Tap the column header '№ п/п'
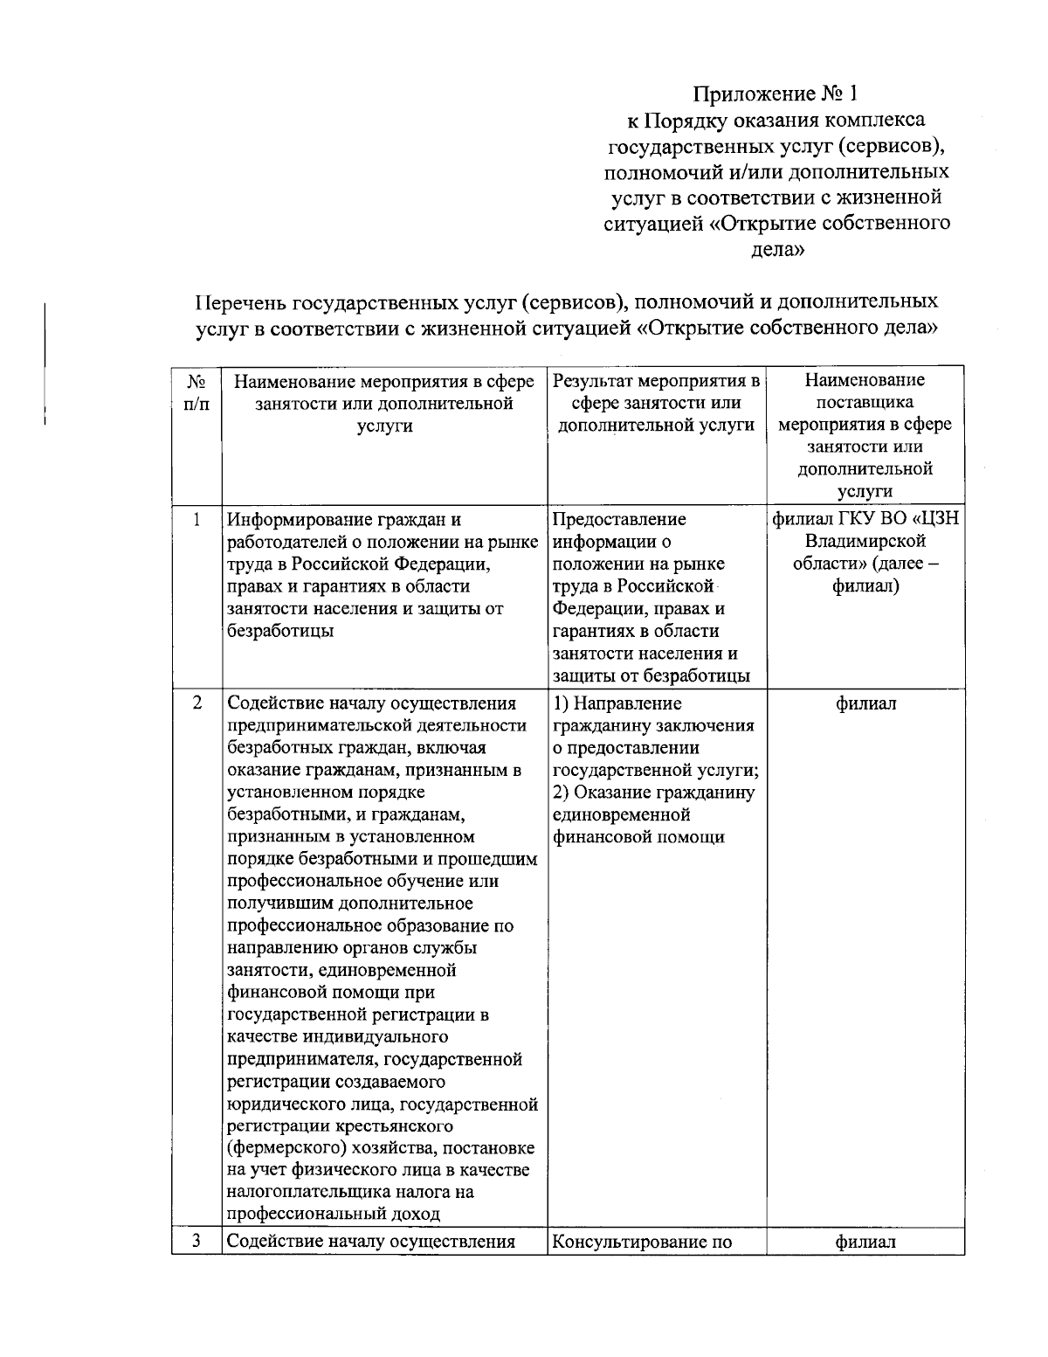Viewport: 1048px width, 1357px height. pos(196,392)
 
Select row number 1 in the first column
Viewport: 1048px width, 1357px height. pos(197,519)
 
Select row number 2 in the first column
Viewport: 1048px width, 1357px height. pos(197,703)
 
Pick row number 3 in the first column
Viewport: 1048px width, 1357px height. pos(197,1240)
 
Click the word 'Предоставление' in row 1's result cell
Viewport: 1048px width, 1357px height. pos(619,520)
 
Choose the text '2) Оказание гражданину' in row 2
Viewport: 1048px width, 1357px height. pos(654,793)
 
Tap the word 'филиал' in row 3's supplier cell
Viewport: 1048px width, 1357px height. pos(865,1241)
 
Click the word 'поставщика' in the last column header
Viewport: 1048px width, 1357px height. pos(865,403)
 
